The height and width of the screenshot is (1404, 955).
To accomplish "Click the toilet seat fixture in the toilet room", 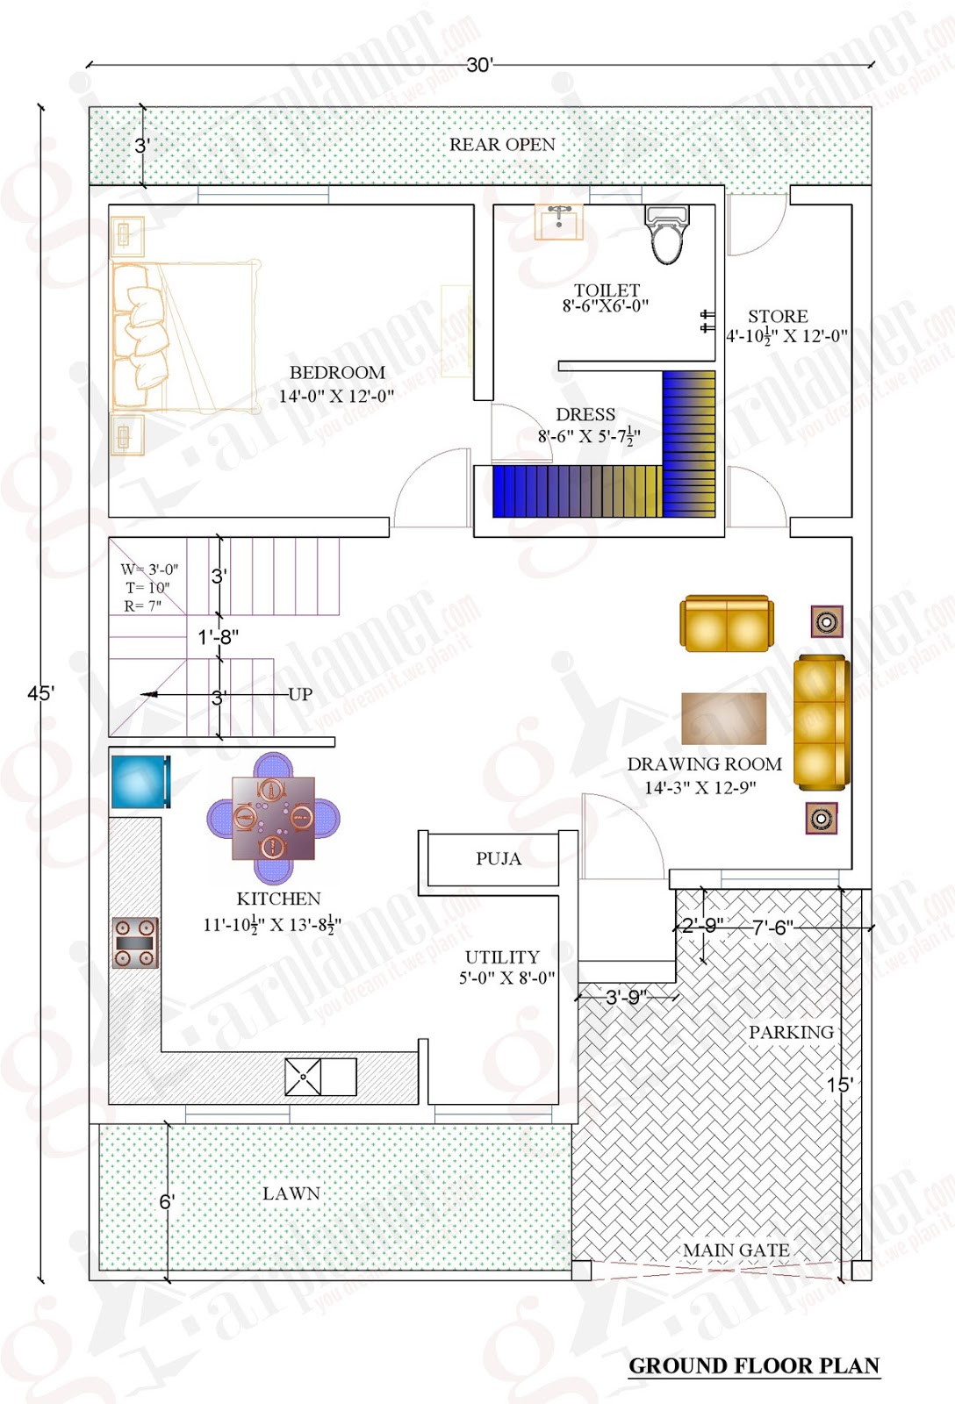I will [667, 235].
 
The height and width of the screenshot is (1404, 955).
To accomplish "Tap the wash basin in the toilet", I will [558, 221].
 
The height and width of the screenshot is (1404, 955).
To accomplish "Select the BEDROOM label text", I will [337, 373].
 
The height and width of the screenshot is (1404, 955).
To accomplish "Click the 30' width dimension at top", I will [480, 65].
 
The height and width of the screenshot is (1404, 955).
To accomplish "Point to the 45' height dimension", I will [40, 693].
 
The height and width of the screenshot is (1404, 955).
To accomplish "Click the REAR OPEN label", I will [502, 145].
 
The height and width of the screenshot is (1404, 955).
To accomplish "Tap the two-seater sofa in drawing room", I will [727, 624].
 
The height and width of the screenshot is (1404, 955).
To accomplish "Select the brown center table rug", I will [723, 719].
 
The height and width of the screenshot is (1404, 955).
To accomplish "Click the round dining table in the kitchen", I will [273, 818].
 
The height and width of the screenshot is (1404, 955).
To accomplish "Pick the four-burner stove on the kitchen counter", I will [135, 942].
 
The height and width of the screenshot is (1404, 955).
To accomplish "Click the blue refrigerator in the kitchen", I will [140, 781].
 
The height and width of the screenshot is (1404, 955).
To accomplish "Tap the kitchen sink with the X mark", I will [303, 1077].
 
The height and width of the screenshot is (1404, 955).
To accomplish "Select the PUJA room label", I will [499, 859].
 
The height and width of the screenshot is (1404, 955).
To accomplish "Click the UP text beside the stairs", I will [300, 694].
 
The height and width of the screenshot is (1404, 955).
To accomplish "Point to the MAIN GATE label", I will [736, 1250].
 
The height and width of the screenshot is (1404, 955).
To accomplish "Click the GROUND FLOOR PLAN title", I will [754, 1366].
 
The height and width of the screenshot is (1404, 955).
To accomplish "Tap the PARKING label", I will [791, 1033].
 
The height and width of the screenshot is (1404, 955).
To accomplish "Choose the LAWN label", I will [291, 1193].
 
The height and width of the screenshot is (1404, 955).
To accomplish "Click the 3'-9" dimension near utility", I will [627, 997].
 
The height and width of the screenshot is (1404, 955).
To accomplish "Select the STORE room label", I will [778, 316].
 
